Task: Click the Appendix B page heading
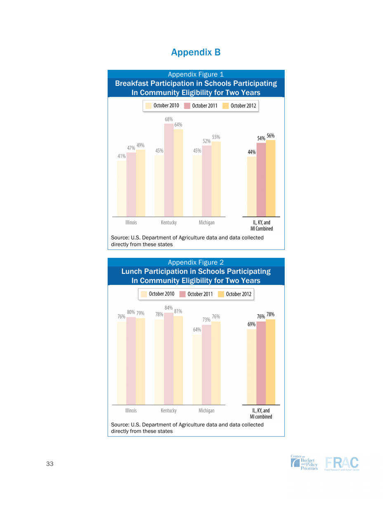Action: click(196, 52)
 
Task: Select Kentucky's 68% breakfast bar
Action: click(169, 169)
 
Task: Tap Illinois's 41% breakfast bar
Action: click(121, 188)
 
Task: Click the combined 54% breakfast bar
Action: click(261, 180)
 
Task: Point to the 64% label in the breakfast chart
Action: click(179, 125)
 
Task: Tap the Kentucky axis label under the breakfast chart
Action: click(169, 222)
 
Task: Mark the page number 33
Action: click(50, 464)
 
